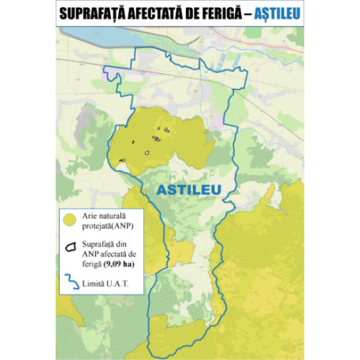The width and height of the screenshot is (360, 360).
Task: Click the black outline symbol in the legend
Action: [x=70, y=246]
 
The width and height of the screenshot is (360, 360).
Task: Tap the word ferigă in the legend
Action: [x=92, y=262]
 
